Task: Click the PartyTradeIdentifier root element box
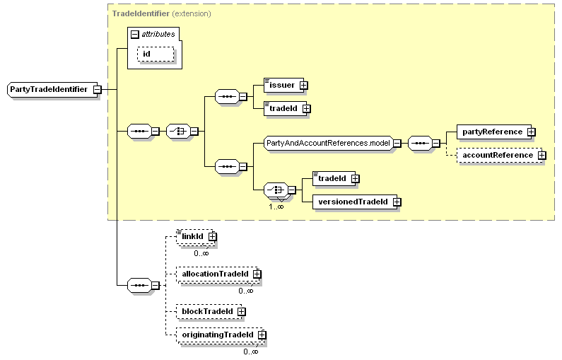point(49,90)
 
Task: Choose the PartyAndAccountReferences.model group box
point(328,143)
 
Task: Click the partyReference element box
point(492,132)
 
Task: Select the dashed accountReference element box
point(498,155)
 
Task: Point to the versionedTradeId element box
point(352,202)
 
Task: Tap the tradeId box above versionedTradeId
point(332,179)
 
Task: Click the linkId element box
point(192,236)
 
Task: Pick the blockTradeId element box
point(207,310)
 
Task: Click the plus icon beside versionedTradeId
point(397,202)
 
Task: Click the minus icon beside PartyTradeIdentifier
point(97,90)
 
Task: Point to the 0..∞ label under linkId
point(201,252)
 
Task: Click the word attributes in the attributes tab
point(158,33)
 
